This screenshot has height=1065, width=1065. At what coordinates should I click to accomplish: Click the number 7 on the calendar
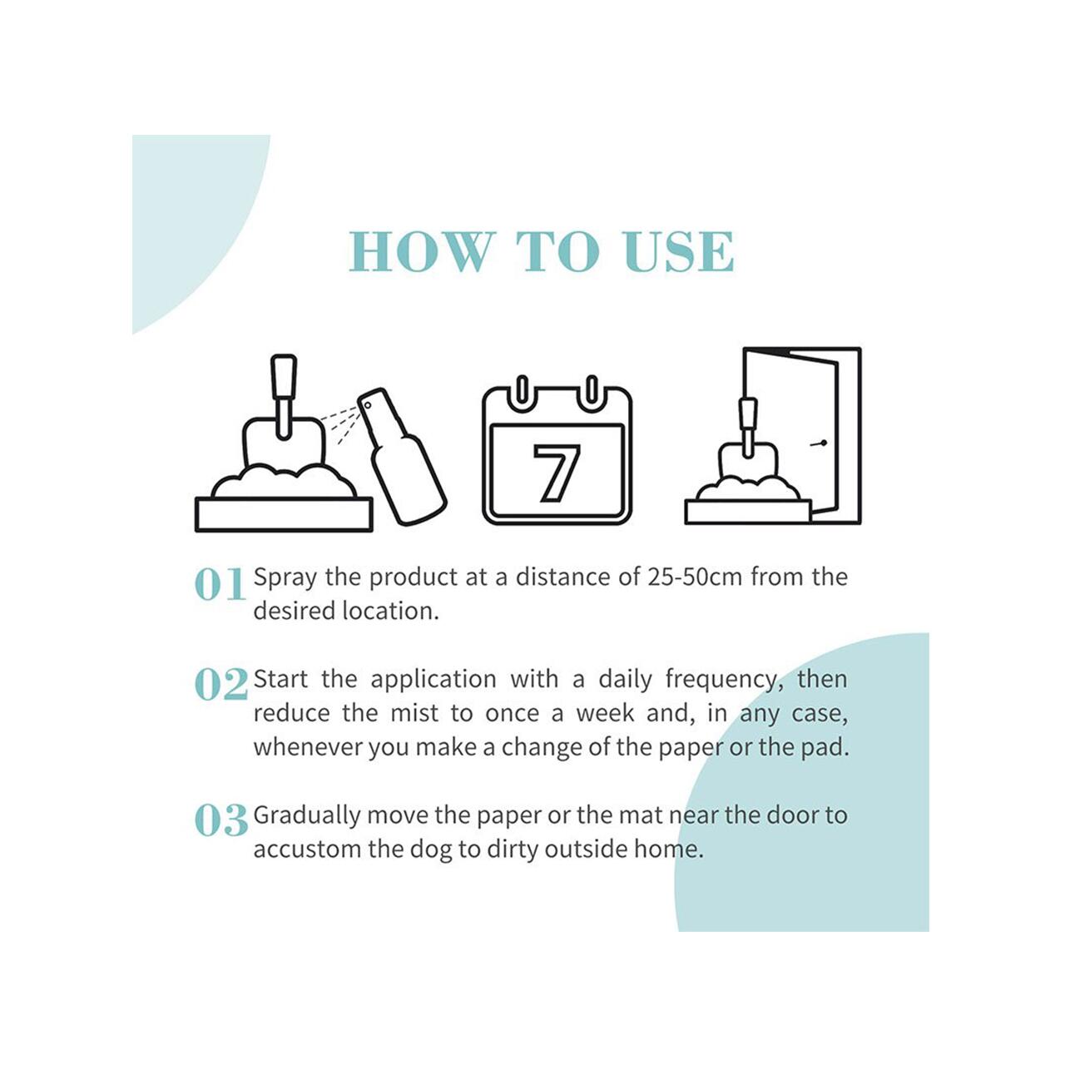(x=556, y=473)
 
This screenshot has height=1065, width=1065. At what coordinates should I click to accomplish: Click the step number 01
(x=220, y=584)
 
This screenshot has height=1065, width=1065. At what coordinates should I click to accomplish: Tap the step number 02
(x=221, y=685)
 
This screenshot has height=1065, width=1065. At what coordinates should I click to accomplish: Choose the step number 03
(x=221, y=820)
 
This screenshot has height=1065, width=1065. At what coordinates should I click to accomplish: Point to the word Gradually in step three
(x=307, y=816)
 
